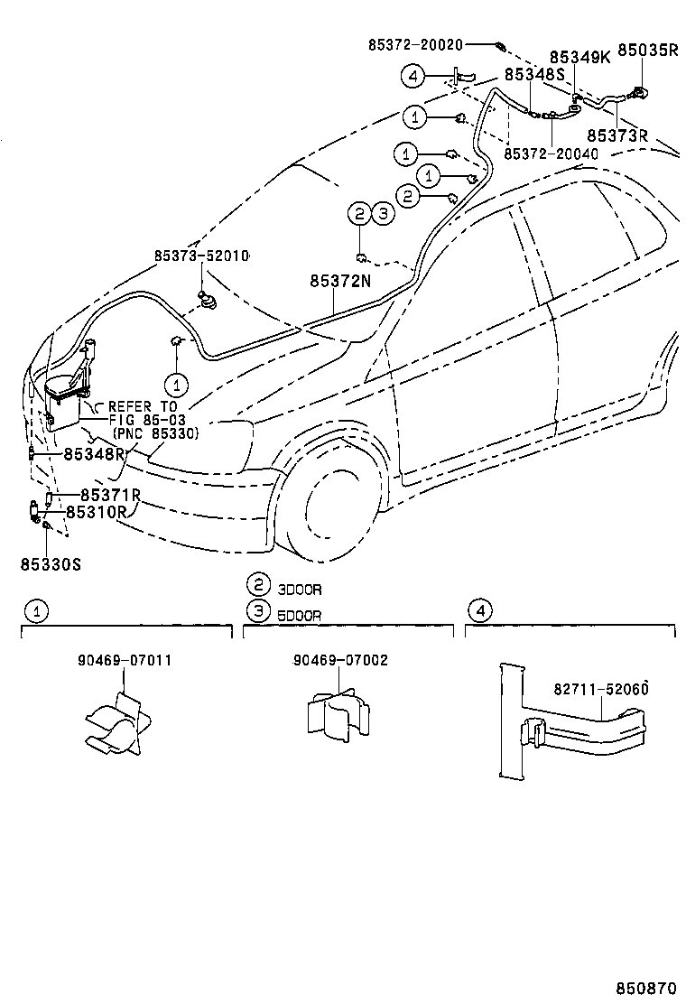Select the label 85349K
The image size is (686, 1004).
[579, 57]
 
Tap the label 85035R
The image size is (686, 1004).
[647, 51]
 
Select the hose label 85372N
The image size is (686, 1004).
[340, 282]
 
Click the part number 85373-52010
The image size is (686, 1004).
[202, 256]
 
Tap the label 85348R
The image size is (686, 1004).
[94, 453]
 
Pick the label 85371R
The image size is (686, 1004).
[110, 495]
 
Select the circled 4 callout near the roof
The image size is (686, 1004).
[413, 76]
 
